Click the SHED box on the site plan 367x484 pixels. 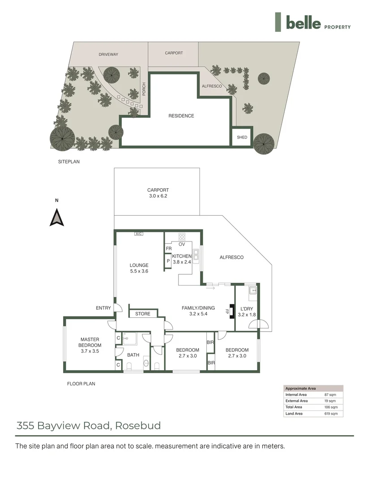pyautogui.click(x=242, y=137)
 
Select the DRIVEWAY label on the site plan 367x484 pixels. pyautogui.click(x=108, y=55)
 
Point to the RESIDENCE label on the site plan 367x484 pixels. pyautogui.click(x=181, y=116)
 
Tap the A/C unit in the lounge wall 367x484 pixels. pyautogui.click(x=139, y=233)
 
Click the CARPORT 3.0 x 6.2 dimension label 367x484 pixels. pyautogui.click(x=158, y=193)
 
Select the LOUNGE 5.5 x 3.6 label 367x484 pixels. pyautogui.click(x=139, y=268)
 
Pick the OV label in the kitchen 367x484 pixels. pyautogui.click(x=182, y=244)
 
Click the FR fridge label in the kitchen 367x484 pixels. pyautogui.click(x=169, y=249)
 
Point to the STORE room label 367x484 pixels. pyautogui.click(x=143, y=314)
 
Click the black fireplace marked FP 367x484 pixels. pyautogui.click(x=231, y=311)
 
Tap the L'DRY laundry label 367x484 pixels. pyautogui.click(x=247, y=312)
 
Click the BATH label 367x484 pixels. pyautogui.click(x=133, y=355)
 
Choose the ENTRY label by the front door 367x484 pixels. pyautogui.click(x=103, y=308)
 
